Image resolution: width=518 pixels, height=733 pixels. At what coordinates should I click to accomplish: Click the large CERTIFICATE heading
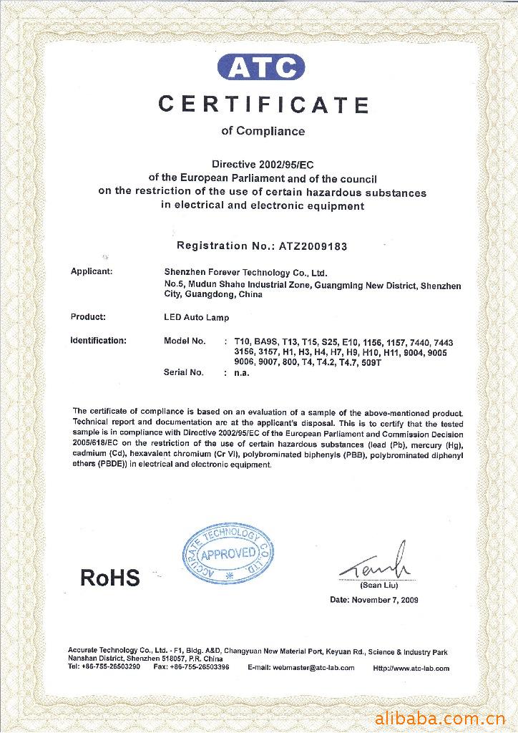[x=263, y=105]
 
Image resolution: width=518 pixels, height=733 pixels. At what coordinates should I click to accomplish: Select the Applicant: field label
[x=92, y=271]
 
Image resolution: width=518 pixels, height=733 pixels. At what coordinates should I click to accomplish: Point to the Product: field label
[x=88, y=316]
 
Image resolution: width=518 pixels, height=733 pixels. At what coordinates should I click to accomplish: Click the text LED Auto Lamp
[x=196, y=317]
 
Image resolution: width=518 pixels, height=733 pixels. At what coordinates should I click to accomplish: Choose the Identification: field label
[x=98, y=341]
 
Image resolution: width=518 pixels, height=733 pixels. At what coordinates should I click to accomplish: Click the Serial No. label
[x=184, y=372]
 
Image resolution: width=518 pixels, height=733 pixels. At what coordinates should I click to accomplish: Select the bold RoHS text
[x=110, y=578]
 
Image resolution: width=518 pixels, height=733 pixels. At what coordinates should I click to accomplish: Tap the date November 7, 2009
[x=385, y=600]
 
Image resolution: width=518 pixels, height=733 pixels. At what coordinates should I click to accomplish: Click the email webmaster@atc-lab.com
[x=300, y=668]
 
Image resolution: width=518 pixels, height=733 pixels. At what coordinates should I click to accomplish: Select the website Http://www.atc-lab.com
[x=411, y=668]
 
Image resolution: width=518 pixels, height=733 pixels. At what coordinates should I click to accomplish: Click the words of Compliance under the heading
[x=263, y=131]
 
